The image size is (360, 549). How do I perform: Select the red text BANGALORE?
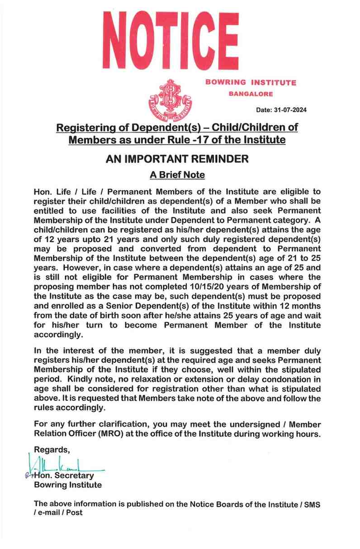(x=250, y=94)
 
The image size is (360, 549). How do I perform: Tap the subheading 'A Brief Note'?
(x=177, y=174)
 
